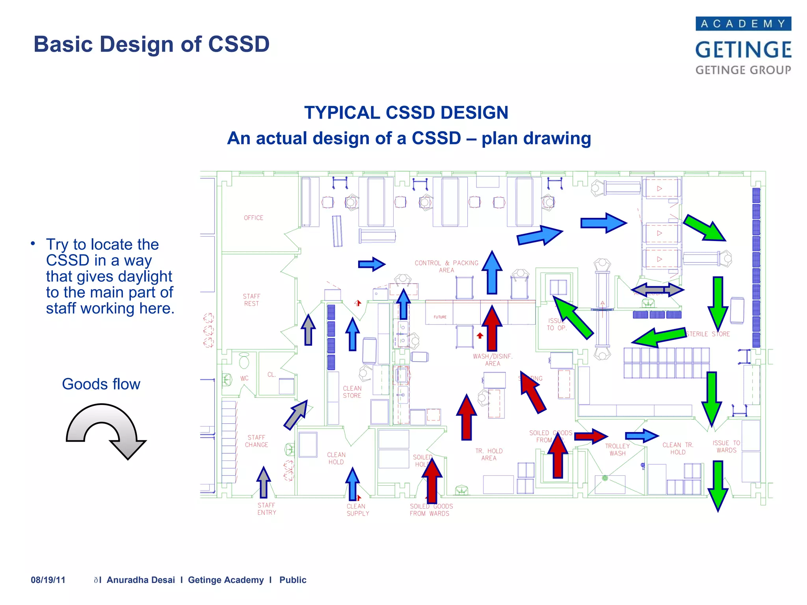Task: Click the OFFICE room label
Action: click(253, 218)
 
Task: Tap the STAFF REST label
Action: click(251, 300)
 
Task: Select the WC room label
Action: click(244, 379)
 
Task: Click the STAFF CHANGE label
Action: click(257, 441)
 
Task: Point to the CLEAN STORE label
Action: click(352, 392)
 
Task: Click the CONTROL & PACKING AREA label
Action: click(446, 266)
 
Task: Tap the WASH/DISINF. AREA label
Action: click(493, 360)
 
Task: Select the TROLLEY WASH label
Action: click(617, 449)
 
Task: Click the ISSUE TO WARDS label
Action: click(726, 447)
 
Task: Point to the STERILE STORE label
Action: click(708, 334)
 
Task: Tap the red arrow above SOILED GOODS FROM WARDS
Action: click(432, 481)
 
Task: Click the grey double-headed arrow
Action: click(658, 290)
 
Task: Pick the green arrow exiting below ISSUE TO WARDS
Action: click(718, 485)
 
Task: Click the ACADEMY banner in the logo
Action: click(743, 24)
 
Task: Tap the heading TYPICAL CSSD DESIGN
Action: click(406, 113)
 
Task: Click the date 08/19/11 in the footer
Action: click(48, 580)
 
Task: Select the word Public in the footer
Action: click(293, 580)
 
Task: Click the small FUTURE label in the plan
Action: click(440, 317)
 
